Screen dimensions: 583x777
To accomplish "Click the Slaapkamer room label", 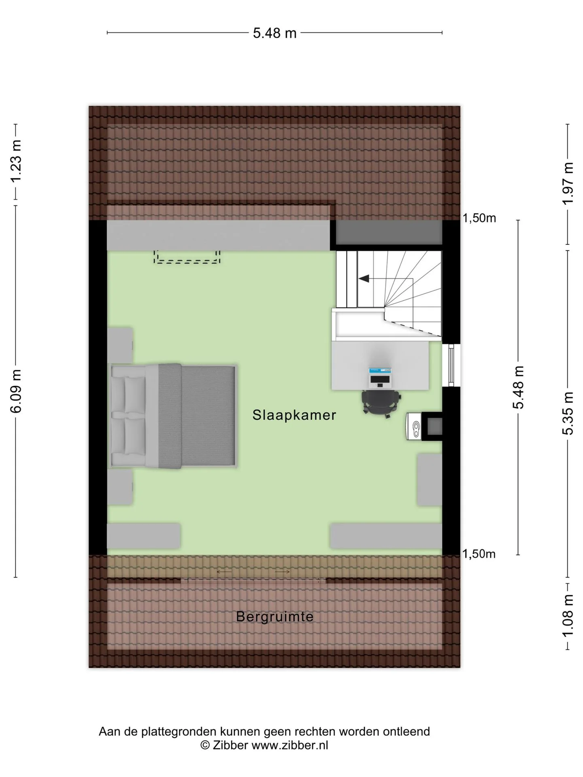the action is point(294,415).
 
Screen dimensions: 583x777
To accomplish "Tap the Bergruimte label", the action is point(275,617).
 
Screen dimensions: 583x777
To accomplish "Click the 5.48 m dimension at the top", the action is point(275,33).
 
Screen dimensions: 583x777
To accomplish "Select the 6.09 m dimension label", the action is point(16,391).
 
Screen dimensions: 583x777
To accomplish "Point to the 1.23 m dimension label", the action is point(16,161).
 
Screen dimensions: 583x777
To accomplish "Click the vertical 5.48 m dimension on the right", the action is point(519,388).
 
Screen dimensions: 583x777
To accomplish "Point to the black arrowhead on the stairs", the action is point(364,278).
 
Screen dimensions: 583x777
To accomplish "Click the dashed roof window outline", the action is point(187,257).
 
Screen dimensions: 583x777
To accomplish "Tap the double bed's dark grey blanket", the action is point(197,416).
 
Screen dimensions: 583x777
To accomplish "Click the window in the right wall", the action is point(451,365).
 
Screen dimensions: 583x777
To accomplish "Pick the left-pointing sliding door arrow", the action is point(224,572).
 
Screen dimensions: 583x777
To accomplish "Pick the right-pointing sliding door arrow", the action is point(283,572).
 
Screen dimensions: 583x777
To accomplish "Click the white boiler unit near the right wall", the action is point(415,426).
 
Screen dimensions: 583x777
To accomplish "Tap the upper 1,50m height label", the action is point(479,218).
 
